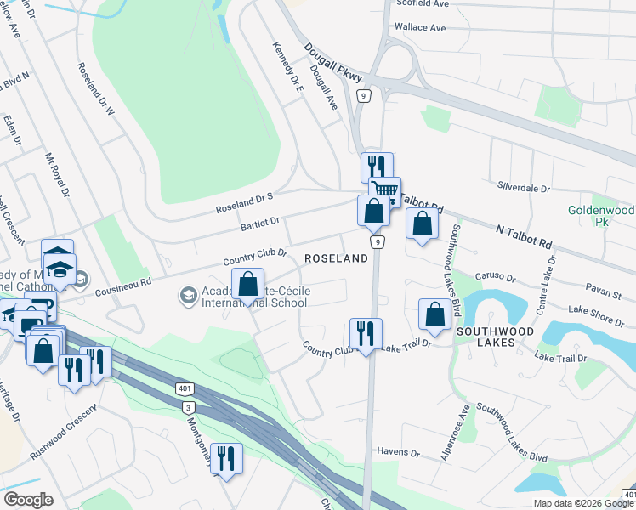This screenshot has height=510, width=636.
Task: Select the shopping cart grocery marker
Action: coord(384,192)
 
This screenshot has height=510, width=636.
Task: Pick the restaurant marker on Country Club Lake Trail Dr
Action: coord(366,333)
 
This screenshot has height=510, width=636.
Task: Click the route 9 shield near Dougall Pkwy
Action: coord(364,97)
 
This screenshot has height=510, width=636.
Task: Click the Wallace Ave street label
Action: coord(420,27)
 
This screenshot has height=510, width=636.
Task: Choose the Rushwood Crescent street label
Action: coord(64,430)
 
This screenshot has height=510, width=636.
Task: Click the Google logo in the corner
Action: coord(28,500)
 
